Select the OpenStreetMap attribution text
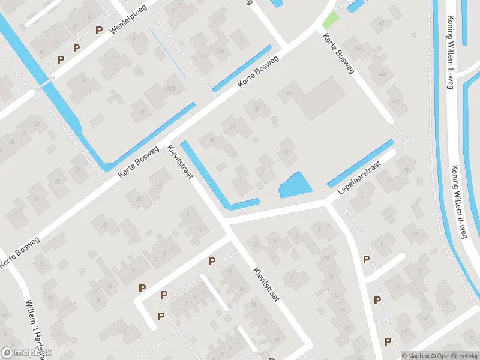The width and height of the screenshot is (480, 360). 452,356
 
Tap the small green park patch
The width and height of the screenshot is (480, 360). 330,20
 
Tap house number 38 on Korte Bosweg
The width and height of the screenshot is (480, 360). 257,109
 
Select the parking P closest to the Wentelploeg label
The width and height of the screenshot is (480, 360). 99,29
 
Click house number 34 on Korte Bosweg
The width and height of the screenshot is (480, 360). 211,141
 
